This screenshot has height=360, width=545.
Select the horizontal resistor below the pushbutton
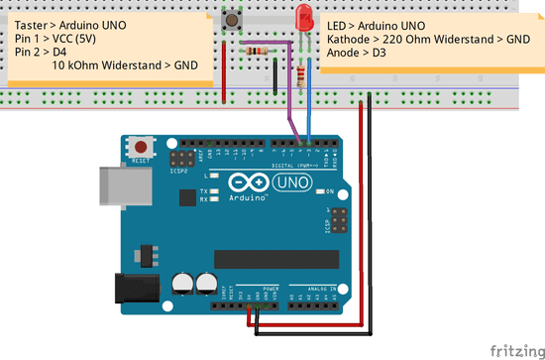[x=260, y=51]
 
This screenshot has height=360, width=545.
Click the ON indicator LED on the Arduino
[x=320, y=191]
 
